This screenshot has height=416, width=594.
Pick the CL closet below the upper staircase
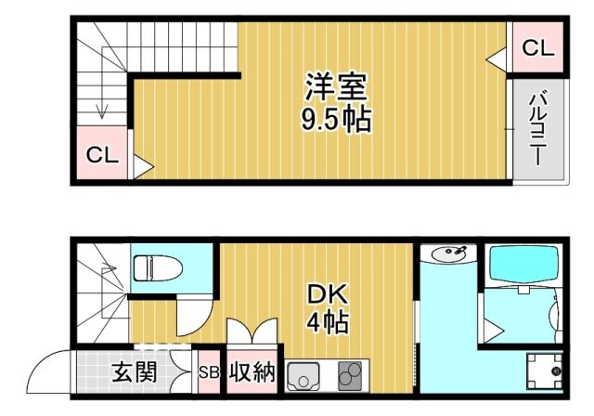[102, 155]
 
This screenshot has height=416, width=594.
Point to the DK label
[327, 295]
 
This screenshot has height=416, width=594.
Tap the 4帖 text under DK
[327, 324]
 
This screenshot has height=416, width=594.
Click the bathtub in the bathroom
[525, 266]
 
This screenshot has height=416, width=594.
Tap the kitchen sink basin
[304, 377]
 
